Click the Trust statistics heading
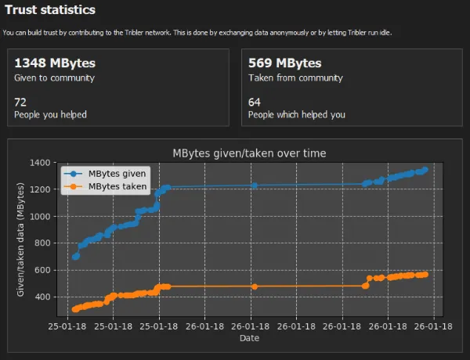point(50,10)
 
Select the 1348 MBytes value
point(55,63)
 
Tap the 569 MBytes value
point(285,63)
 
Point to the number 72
point(20,103)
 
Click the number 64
point(254,103)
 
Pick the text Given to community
point(54,78)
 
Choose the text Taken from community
point(295,78)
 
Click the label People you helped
point(50,115)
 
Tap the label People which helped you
point(297,115)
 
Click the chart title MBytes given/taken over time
point(249,153)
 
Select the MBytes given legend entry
point(105,174)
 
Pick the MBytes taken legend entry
point(105,186)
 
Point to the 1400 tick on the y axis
point(40,163)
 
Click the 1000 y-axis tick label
point(40,217)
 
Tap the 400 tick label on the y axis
point(42,297)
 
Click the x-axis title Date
point(249,338)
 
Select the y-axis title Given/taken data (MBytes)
point(20,239)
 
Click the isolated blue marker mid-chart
point(255,185)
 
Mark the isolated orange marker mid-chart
point(255,286)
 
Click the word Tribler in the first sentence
point(134,33)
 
